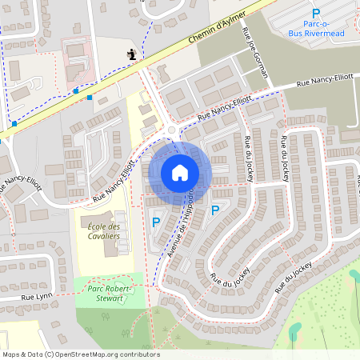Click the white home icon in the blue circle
pos(180,171)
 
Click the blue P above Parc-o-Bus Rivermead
pos(315,13)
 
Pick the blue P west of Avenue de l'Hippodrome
pos(156,222)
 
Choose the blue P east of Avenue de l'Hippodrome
pos(214,210)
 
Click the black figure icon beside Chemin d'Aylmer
pos(130,54)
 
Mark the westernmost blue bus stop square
pos(14,124)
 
